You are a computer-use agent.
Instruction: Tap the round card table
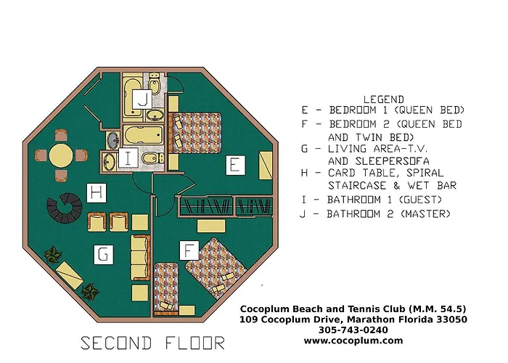point(61,155)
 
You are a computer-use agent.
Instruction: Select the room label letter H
point(97,193)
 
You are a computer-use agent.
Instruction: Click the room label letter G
point(104,254)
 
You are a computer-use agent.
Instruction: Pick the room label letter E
point(235,166)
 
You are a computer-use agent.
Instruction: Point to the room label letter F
point(189,250)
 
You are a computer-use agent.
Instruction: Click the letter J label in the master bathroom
point(142,99)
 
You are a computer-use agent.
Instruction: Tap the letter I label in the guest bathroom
point(128,158)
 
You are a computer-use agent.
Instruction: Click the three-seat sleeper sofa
point(140,258)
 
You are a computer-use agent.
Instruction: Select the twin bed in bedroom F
point(166,288)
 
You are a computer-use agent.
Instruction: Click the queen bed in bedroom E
point(195,133)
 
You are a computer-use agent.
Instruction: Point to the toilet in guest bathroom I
point(152,158)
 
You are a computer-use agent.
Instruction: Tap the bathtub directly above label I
point(142,136)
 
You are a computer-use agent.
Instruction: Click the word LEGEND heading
point(384,99)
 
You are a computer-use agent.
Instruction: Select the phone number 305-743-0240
point(353,330)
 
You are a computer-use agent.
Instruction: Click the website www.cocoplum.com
point(353,340)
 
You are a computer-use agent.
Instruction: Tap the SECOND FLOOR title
point(152,343)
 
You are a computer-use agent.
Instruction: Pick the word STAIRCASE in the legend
point(357,186)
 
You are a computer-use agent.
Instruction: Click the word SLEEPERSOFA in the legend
point(379,161)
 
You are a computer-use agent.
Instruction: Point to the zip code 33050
point(451,319)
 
